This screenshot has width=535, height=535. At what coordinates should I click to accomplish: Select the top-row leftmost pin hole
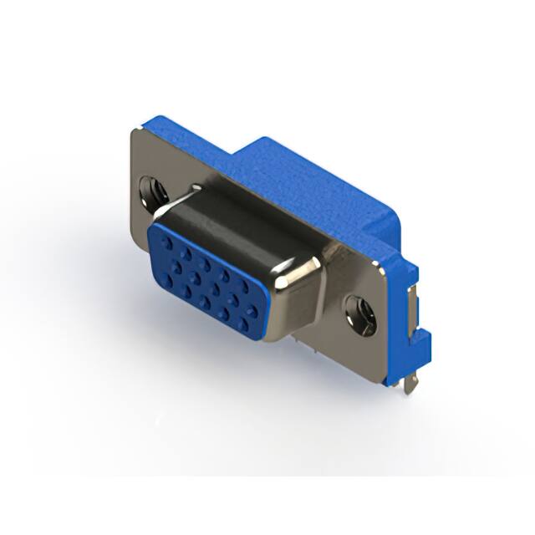tap(167, 242)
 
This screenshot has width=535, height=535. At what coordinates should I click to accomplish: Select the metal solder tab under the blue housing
tap(410, 385)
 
